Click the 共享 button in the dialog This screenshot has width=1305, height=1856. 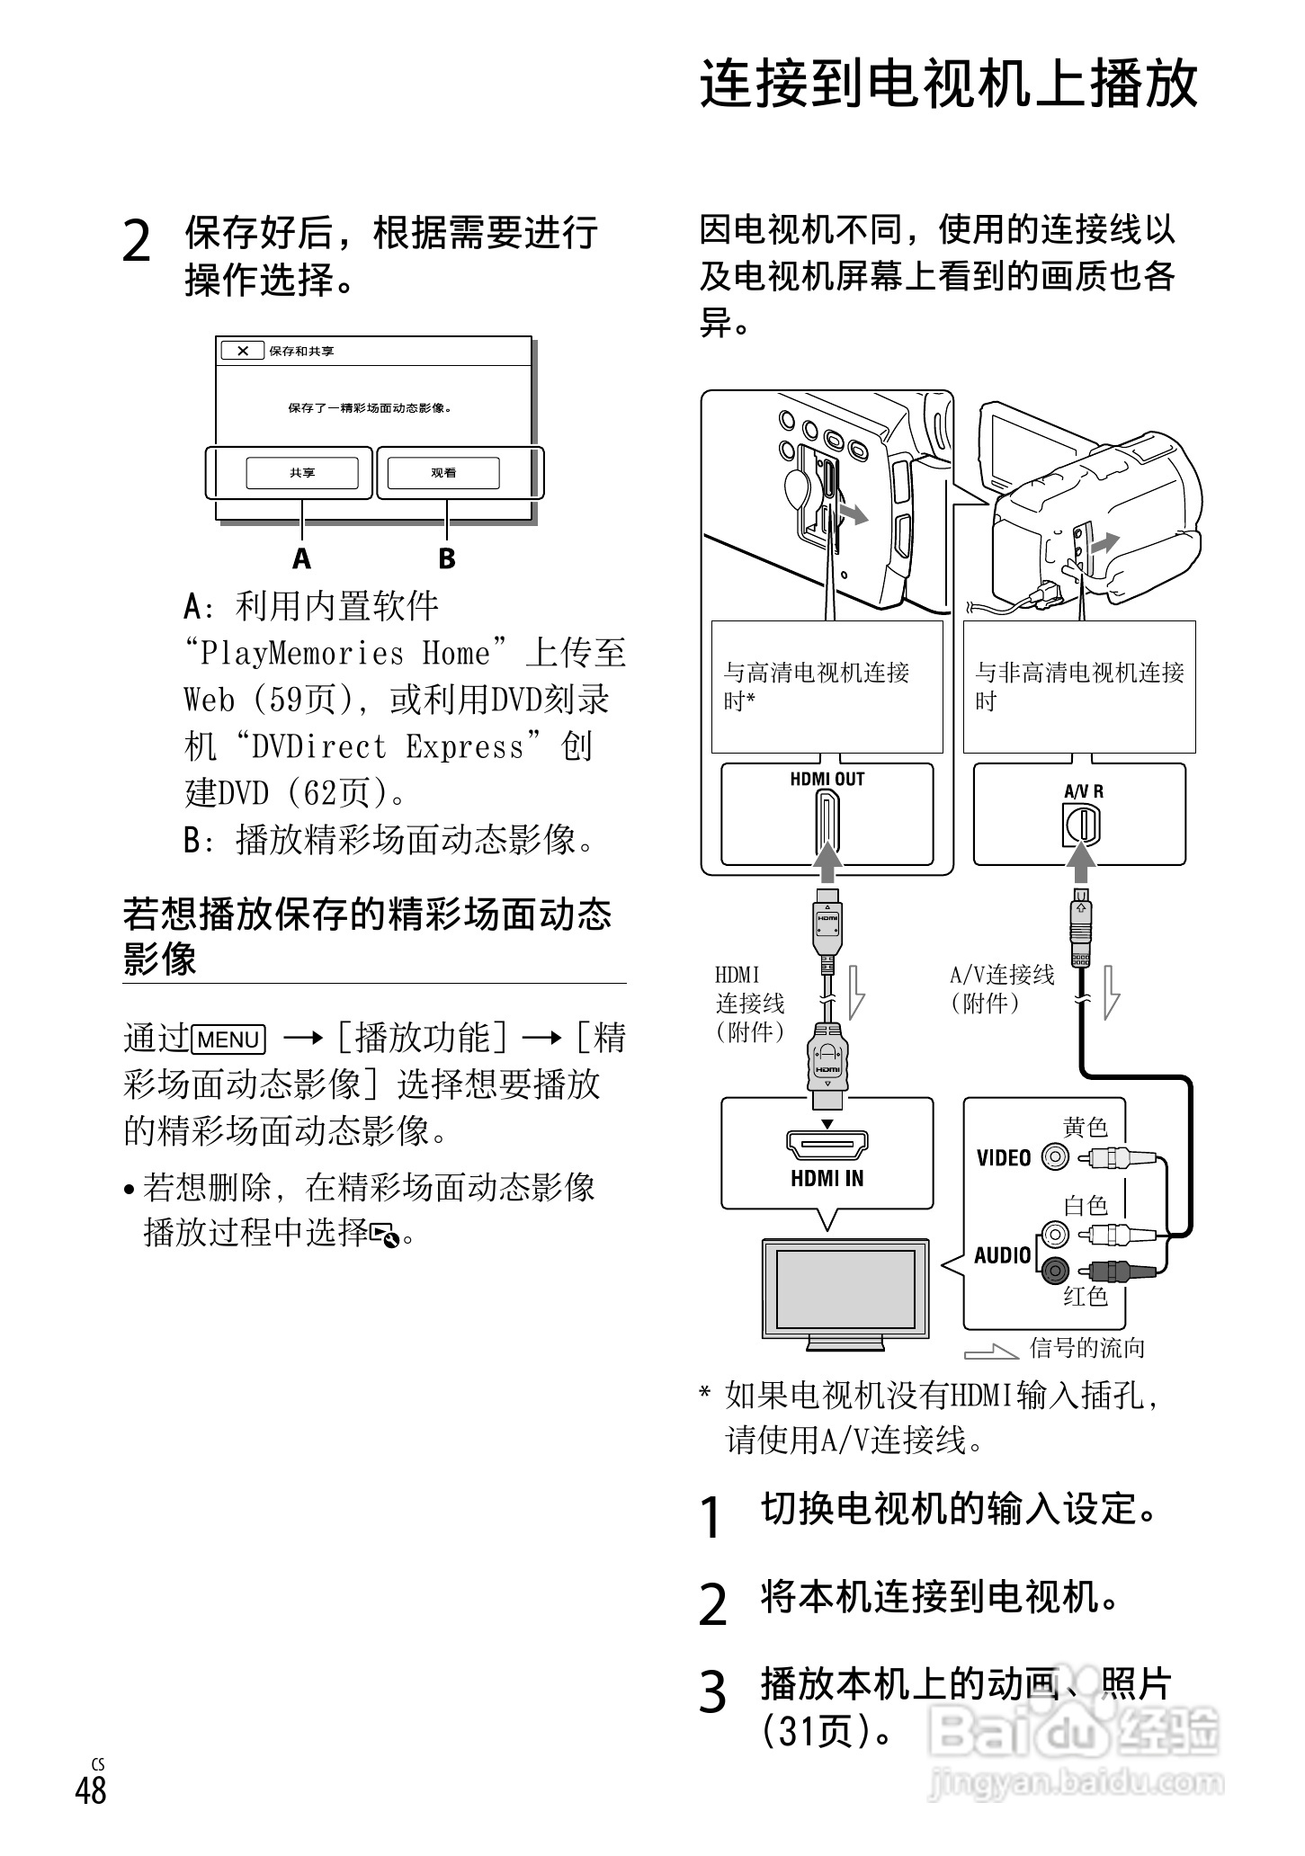(x=302, y=473)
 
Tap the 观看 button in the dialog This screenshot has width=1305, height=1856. (x=443, y=473)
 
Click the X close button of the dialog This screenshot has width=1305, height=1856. (x=243, y=352)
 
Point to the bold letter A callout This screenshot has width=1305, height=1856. (x=301, y=559)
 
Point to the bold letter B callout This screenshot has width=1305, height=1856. (x=447, y=559)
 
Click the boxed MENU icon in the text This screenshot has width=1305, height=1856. (x=228, y=1040)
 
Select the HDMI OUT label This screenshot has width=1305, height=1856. (x=827, y=780)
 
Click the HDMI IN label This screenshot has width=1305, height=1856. (x=827, y=1179)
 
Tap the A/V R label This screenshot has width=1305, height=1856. (x=1083, y=792)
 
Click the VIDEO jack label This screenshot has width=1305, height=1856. (x=1004, y=1158)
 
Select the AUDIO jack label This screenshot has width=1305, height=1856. (x=1003, y=1255)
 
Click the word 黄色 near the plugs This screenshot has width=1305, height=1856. (x=1086, y=1128)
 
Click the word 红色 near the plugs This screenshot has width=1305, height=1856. (x=1086, y=1296)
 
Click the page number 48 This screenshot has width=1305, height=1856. (x=91, y=1790)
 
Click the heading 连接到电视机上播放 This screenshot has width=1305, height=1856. (x=949, y=85)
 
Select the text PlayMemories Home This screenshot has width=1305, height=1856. (x=346, y=654)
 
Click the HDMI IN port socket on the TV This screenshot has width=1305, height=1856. (x=827, y=1146)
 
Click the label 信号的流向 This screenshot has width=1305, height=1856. (x=1086, y=1348)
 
